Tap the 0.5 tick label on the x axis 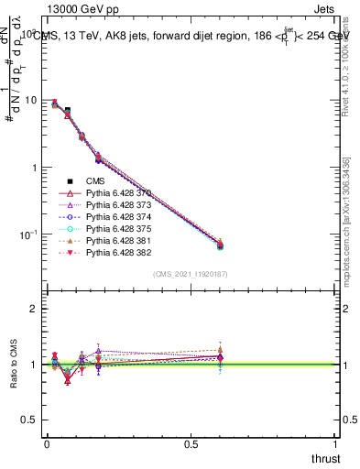[191, 443]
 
